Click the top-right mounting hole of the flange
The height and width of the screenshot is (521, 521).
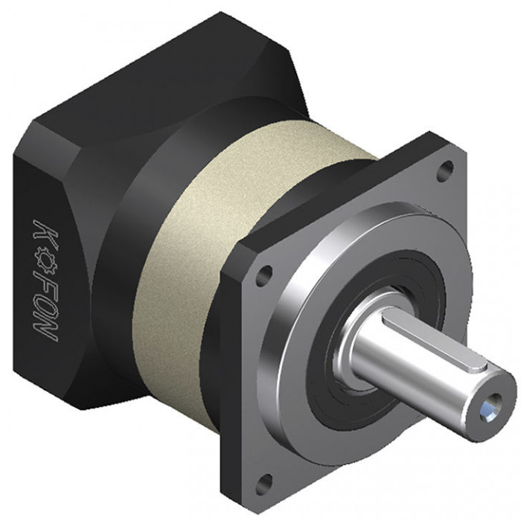coord(445,170)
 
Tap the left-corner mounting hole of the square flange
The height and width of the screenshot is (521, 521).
coord(264,275)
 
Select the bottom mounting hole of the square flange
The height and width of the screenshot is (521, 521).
coord(263,485)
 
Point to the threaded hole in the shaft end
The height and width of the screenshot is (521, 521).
coord(490,405)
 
